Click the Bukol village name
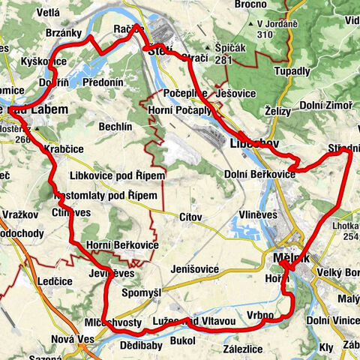click(x=182, y=341)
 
